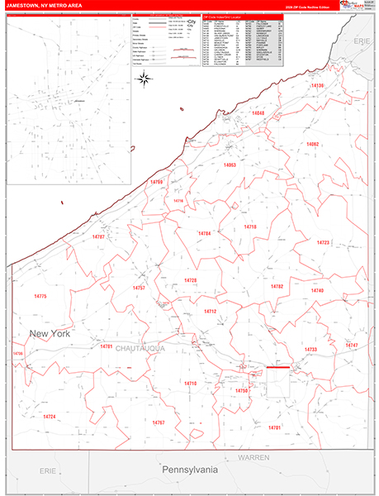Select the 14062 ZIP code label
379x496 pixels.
[x=312, y=144]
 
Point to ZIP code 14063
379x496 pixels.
[x=230, y=165]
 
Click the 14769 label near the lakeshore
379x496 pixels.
[x=156, y=182]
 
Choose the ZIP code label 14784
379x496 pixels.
[x=205, y=234]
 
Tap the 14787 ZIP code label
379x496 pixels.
[x=99, y=236]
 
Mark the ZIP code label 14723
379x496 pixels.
[x=323, y=242]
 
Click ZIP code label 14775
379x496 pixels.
[x=41, y=296]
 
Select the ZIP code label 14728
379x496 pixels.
[x=191, y=281]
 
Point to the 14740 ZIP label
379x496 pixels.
[x=318, y=291]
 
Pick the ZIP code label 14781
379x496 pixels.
[x=107, y=347]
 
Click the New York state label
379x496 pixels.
[x=50, y=333]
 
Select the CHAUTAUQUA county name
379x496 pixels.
[x=140, y=348]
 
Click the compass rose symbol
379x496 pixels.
[x=144, y=79]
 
